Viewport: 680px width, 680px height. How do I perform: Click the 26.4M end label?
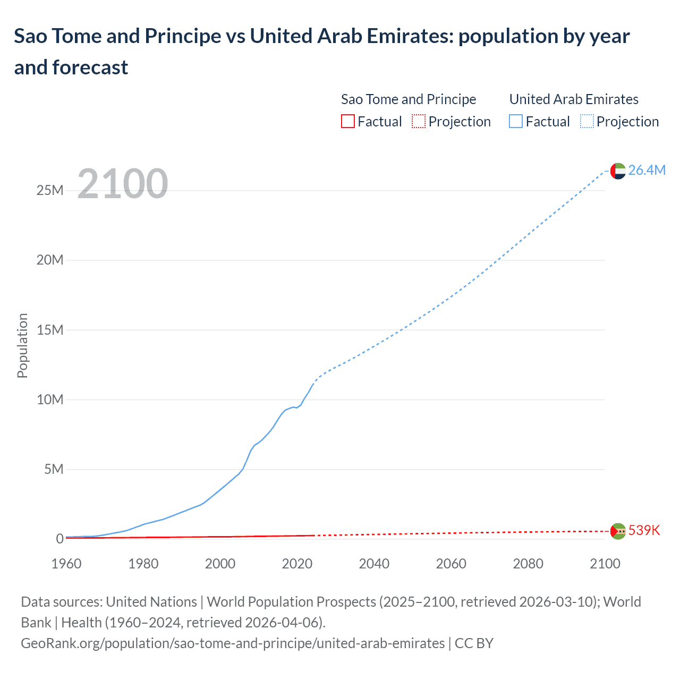click(647, 170)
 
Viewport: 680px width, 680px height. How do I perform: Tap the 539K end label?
click(644, 530)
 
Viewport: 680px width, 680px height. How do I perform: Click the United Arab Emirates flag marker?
click(618, 171)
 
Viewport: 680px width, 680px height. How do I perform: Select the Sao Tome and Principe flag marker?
click(618, 531)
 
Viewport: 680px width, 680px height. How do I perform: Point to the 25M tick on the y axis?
click(50, 190)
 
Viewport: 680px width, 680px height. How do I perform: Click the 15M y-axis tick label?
click(50, 330)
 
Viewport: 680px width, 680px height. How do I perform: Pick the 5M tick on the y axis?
click(54, 469)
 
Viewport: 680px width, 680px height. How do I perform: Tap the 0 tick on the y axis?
click(59, 539)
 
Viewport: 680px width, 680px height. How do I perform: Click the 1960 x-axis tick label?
click(66, 564)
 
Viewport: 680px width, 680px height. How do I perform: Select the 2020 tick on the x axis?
click(297, 564)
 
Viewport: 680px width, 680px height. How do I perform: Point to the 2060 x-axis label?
click(451, 564)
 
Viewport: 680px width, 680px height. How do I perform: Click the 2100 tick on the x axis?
click(605, 564)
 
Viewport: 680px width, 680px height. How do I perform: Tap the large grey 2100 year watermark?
click(123, 184)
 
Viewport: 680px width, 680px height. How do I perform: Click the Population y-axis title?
click(22, 345)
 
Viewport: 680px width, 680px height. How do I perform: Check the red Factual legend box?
click(347, 122)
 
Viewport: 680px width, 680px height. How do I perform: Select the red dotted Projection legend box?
click(419, 122)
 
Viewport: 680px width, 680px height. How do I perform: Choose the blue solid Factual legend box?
click(515, 122)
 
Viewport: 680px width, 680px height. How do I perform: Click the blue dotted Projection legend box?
click(586, 122)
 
